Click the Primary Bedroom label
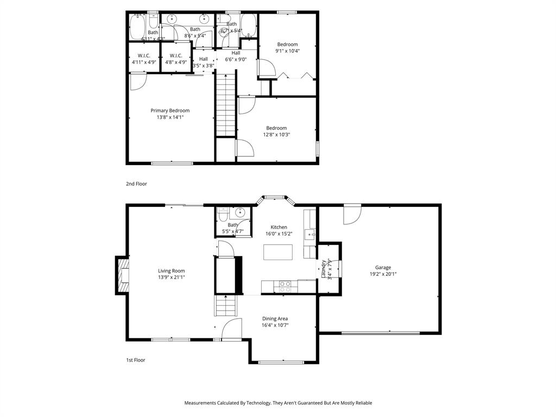pos(170,111)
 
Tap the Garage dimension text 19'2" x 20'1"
pos(383,274)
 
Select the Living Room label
pos(172,271)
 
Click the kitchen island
pos(278,252)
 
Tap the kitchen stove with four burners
pos(285,286)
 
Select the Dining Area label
pos(275,319)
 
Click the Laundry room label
pos(324,269)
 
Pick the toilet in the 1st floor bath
pos(222,215)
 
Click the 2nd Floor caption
pos(136,184)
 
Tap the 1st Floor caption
pos(136,360)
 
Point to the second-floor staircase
pos(226,106)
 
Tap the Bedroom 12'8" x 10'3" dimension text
pos(276,135)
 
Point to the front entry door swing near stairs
pos(232,329)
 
